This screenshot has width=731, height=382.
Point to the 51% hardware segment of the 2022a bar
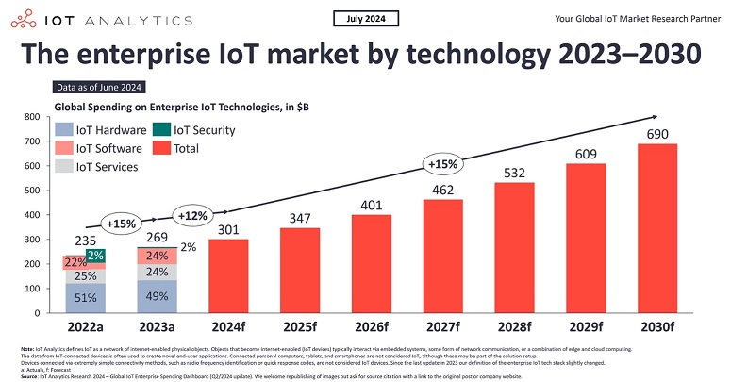(84, 298)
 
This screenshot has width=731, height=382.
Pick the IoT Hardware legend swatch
(65, 130)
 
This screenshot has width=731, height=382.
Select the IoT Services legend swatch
(65, 167)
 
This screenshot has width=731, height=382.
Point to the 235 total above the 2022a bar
(84, 241)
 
